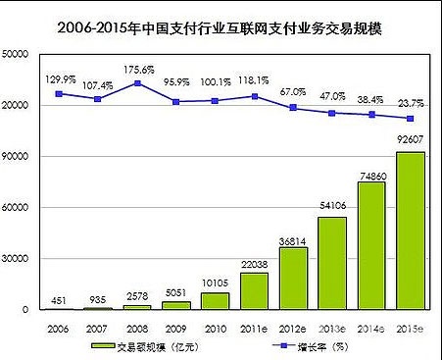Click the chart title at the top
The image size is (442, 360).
pyautogui.click(x=221, y=28)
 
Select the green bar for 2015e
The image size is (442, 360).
pyautogui.click(x=410, y=231)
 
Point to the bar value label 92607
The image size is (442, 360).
pyautogui.click(x=410, y=141)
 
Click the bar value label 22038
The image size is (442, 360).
pyautogui.click(x=254, y=263)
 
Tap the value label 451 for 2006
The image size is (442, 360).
pyautogui.click(x=60, y=299)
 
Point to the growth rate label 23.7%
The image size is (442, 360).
pyautogui.click(x=410, y=101)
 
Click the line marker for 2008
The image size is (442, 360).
pyautogui.click(x=138, y=83)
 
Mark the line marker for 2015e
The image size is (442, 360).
pyautogui.click(x=410, y=119)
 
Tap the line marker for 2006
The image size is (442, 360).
pyautogui.click(x=60, y=94)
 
